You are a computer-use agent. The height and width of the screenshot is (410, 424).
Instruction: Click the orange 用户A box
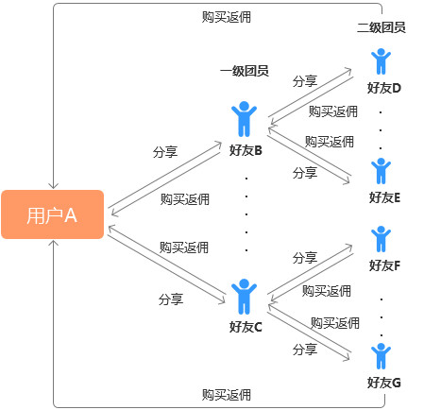[52, 215]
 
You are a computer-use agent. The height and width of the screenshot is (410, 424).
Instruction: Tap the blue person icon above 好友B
[245, 121]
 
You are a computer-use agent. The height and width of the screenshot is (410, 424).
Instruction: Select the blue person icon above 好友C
[245, 297]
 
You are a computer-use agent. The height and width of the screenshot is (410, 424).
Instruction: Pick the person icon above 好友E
[382, 171]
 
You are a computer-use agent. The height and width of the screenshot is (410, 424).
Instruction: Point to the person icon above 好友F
[382, 239]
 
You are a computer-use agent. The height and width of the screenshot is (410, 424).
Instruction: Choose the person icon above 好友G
[382, 356]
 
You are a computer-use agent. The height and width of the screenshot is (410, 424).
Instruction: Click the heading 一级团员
[245, 72]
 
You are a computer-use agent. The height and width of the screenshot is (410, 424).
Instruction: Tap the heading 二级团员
[382, 27]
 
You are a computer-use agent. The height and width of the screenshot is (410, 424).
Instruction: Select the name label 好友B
[246, 149]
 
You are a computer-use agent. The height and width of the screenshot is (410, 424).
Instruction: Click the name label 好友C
[246, 327]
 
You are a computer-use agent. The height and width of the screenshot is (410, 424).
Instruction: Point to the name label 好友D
[383, 88]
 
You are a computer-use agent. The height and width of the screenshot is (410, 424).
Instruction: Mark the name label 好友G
[383, 383]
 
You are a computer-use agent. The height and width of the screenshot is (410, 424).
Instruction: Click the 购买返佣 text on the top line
[227, 17]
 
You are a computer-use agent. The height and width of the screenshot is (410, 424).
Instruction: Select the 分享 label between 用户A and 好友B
[164, 151]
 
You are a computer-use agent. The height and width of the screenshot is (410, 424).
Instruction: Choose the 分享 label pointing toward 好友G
[305, 350]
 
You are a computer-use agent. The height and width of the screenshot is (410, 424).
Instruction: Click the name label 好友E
[383, 197]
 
